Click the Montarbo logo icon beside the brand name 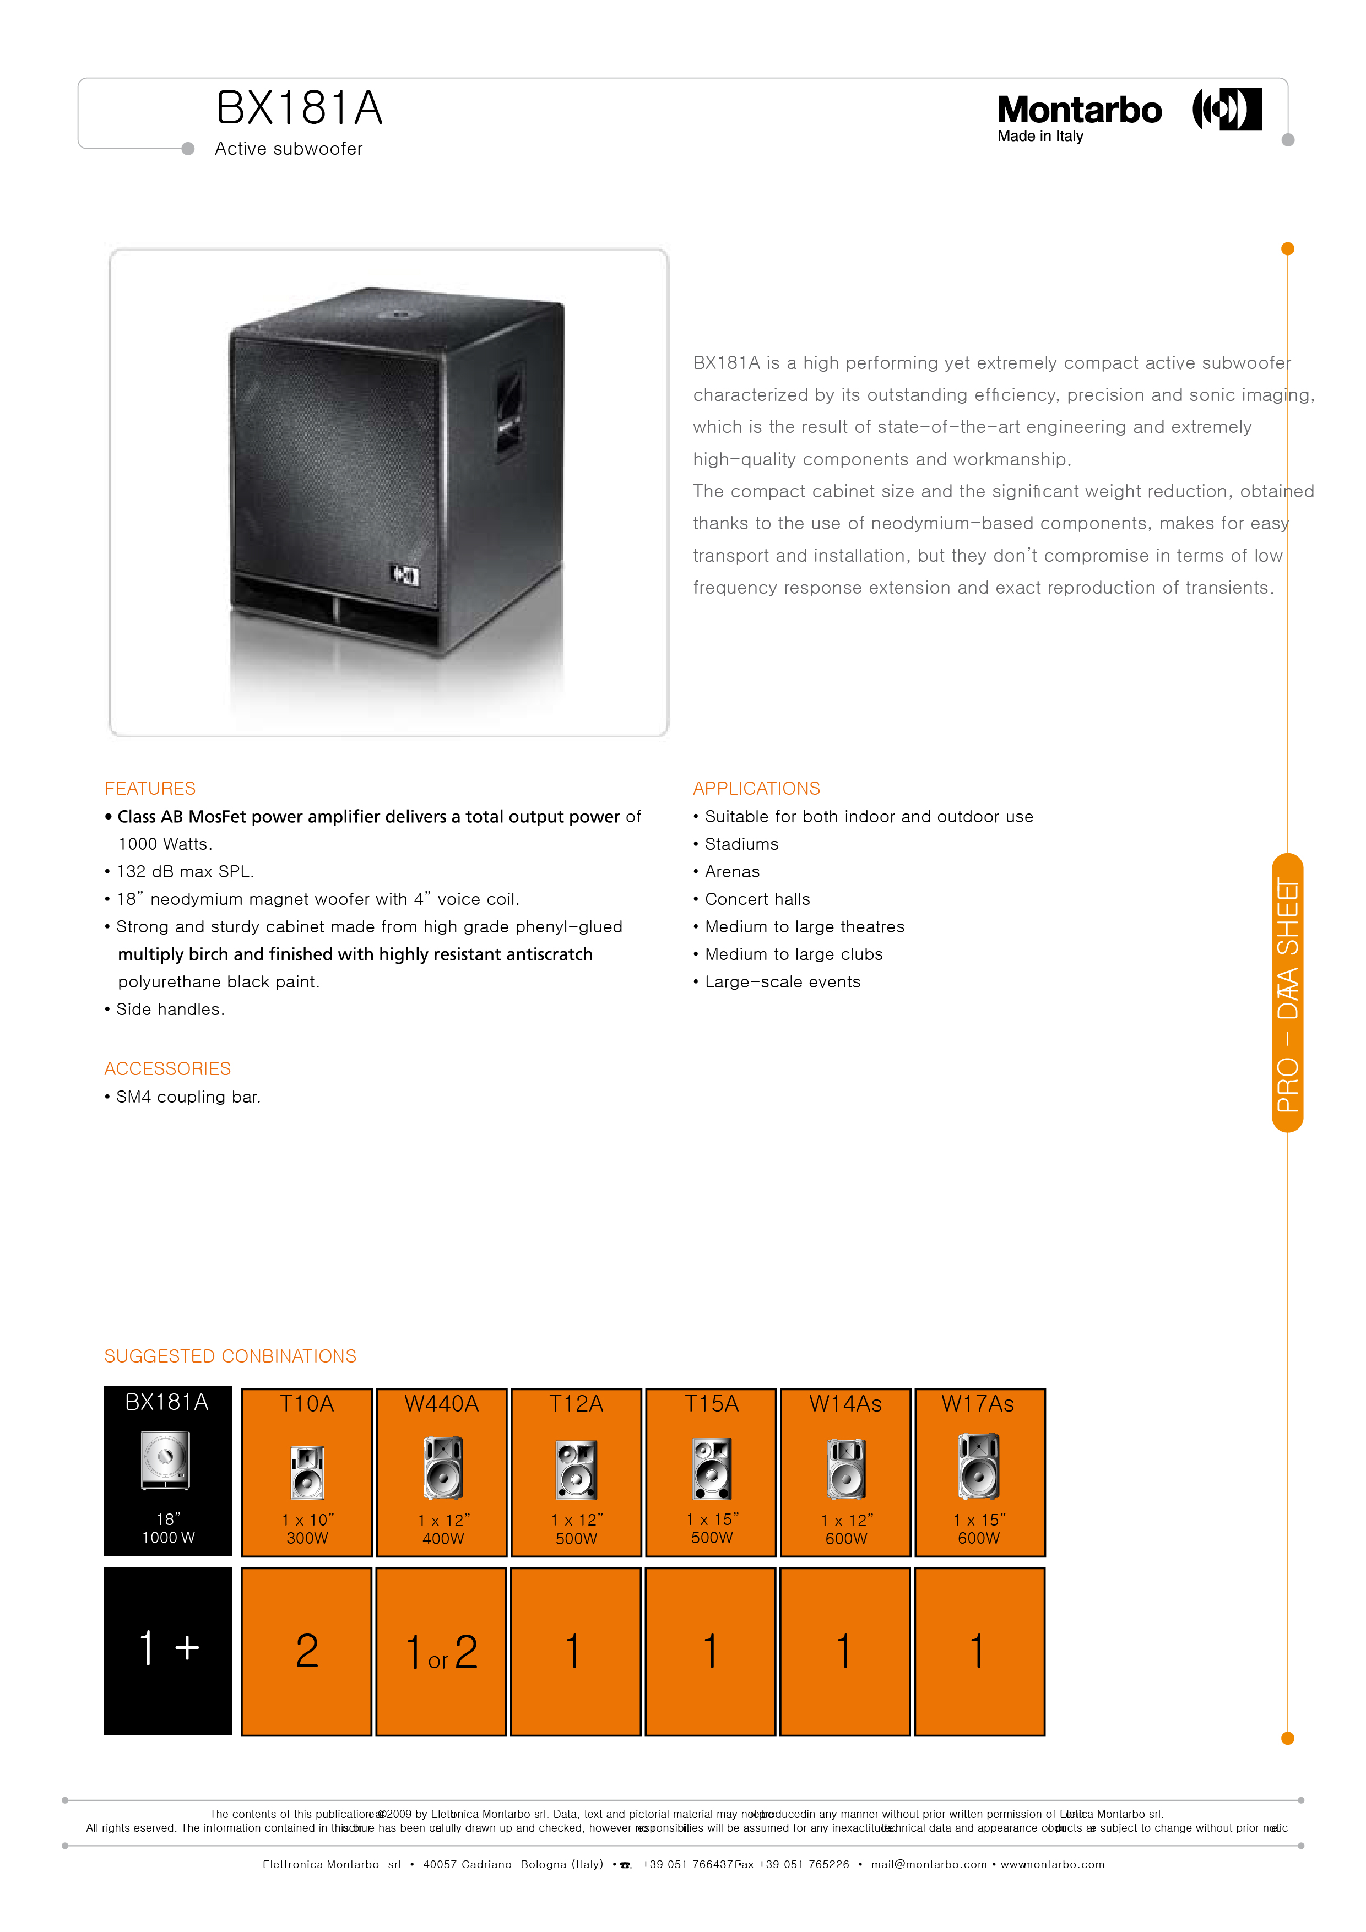click(x=1227, y=110)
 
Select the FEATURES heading click(x=150, y=789)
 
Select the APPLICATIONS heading click(x=756, y=789)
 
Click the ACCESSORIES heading click(x=167, y=1068)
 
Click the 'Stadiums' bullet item click(x=741, y=844)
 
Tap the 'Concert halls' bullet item click(x=757, y=899)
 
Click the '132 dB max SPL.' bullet click(x=185, y=872)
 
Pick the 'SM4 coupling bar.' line click(x=188, y=1097)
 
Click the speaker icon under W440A click(x=443, y=1468)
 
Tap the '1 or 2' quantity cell click(x=441, y=1652)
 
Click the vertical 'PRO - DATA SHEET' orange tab click(x=1287, y=993)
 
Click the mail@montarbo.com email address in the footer click(x=928, y=1865)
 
